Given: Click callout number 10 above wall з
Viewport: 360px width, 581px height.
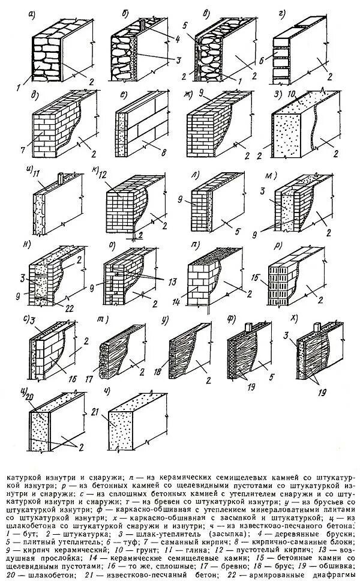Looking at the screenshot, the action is [292, 95].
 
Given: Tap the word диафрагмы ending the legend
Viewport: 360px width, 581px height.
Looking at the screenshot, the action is [332, 572].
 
